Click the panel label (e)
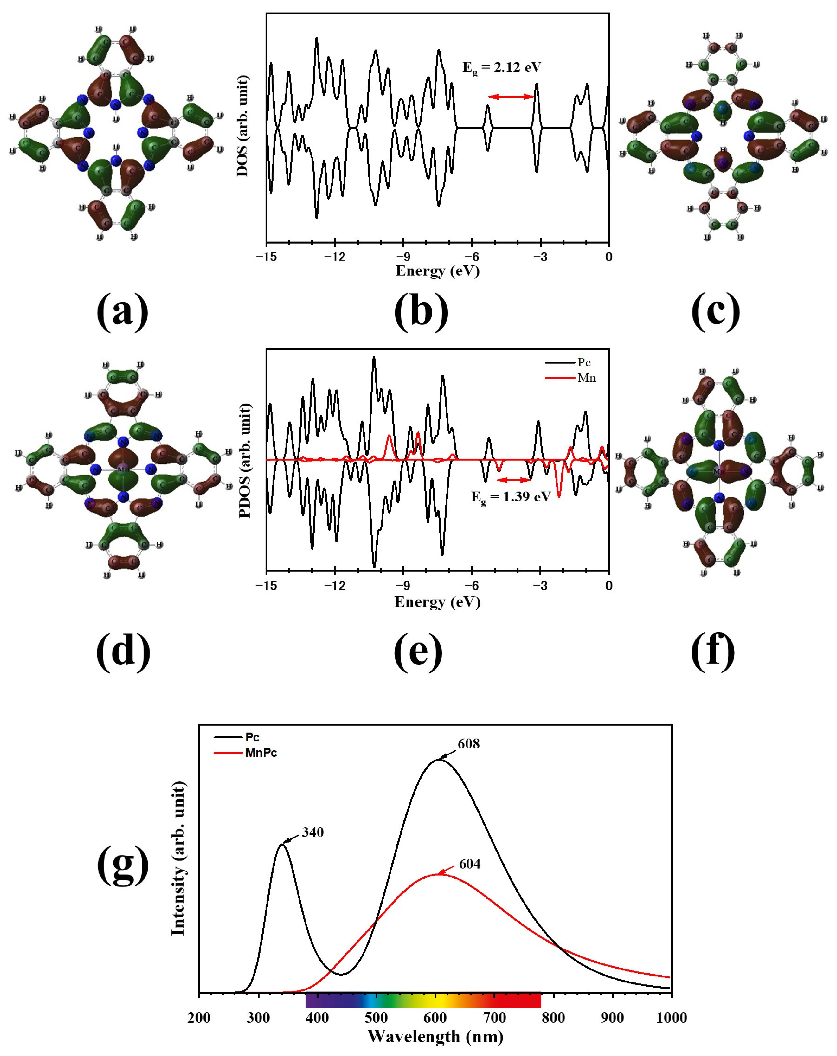(x=418, y=652)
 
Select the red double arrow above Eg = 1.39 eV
(x=513, y=480)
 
